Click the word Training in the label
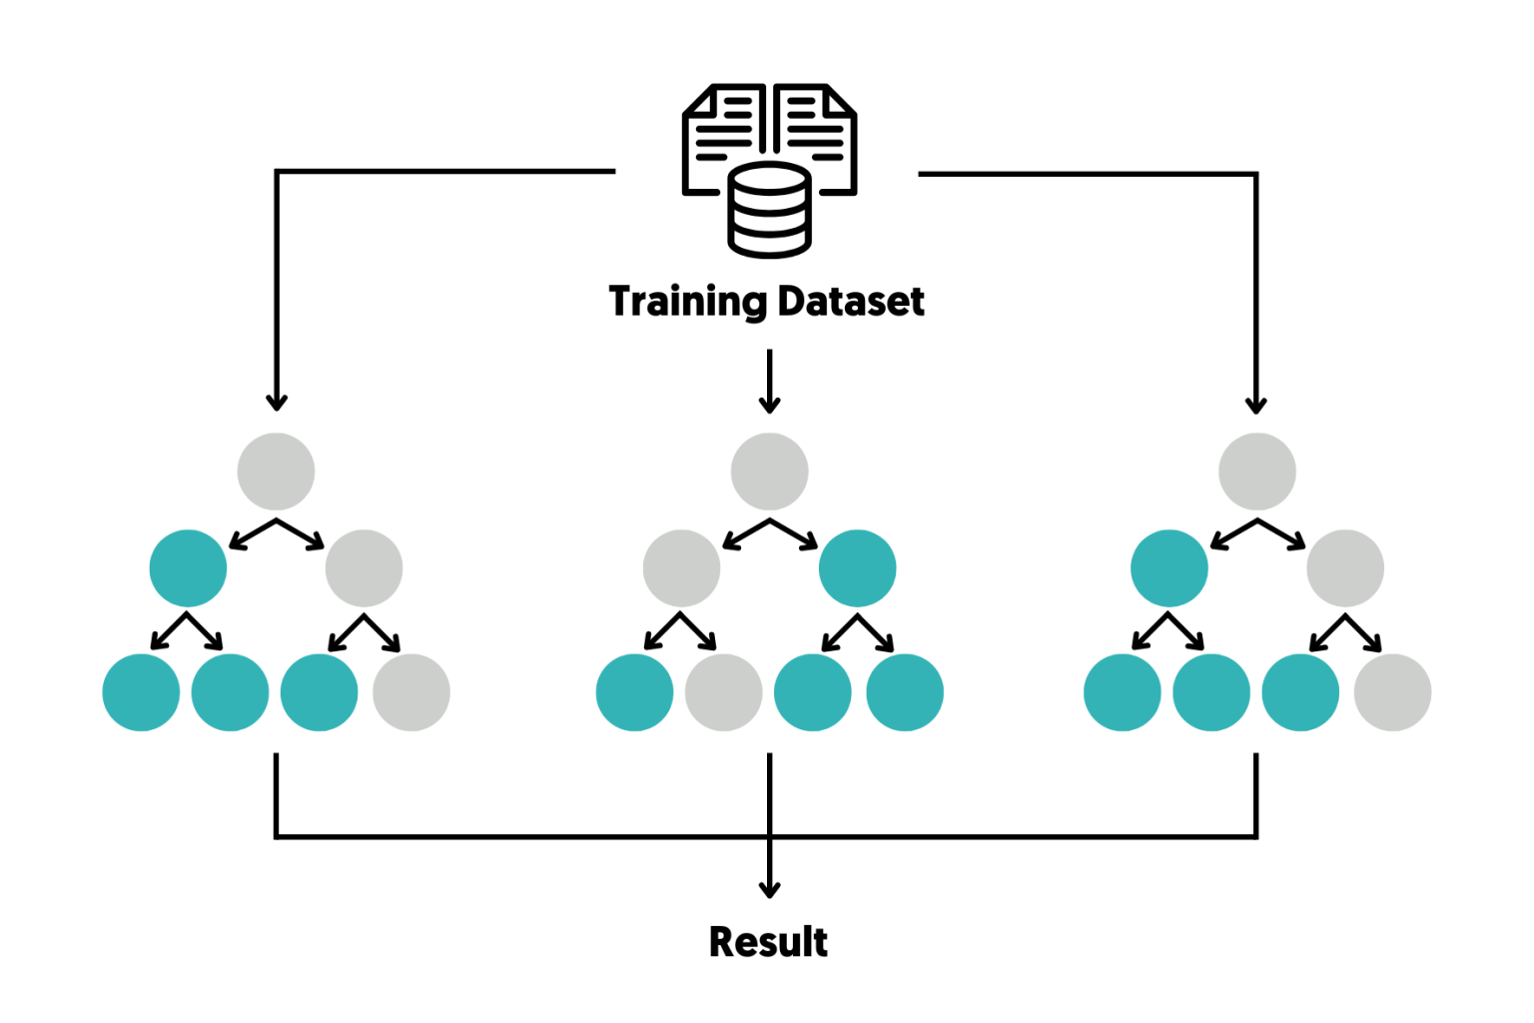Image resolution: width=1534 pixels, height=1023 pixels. [x=688, y=302]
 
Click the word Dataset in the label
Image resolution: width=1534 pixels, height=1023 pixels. [x=851, y=302]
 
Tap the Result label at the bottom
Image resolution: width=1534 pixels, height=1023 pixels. [x=768, y=942]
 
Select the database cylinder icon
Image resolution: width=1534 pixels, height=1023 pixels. [x=769, y=211]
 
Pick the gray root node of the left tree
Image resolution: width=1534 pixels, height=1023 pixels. [x=277, y=472]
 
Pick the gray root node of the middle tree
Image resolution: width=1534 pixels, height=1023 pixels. [x=769, y=472]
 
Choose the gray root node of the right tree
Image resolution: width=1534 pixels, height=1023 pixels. [x=1257, y=472]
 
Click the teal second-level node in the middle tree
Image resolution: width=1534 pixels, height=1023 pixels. [x=857, y=568]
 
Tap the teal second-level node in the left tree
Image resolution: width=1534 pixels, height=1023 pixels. [x=188, y=568]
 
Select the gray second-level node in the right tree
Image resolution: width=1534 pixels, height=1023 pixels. [x=1345, y=568]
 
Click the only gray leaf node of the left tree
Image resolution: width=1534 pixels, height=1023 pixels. [x=410, y=692]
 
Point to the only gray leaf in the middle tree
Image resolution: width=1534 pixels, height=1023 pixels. [x=724, y=692]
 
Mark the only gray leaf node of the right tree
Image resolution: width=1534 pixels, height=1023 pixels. [x=1392, y=692]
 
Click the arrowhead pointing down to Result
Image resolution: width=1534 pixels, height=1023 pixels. [x=769, y=888]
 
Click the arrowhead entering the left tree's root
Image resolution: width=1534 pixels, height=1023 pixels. [x=277, y=402]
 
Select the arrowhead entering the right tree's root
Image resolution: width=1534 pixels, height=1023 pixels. [x=1256, y=404]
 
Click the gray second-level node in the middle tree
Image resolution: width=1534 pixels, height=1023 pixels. [x=681, y=568]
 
